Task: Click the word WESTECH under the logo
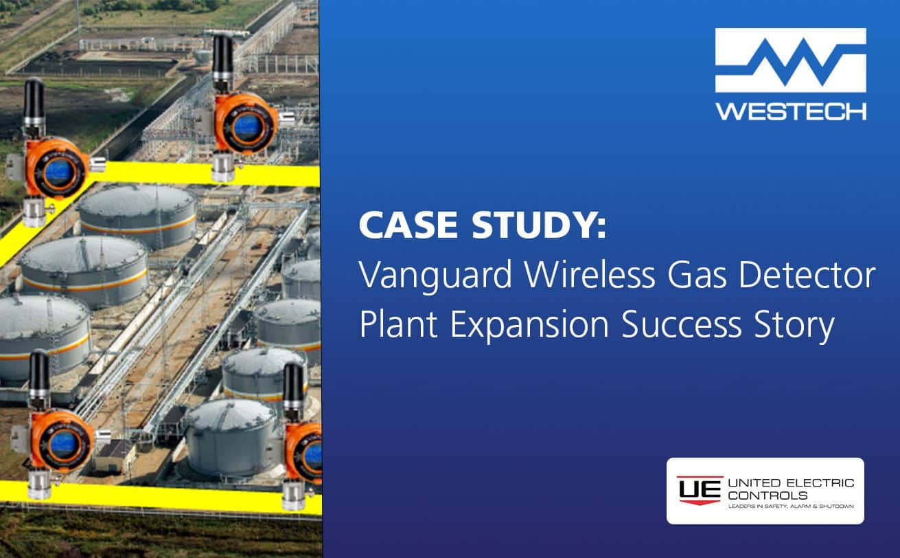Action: click(791, 110)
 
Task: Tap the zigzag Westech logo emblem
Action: click(791, 60)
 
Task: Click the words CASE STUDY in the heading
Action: click(482, 227)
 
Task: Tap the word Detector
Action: click(810, 276)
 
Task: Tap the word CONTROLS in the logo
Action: click(768, 495)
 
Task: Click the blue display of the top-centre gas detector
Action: click(244, 126)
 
